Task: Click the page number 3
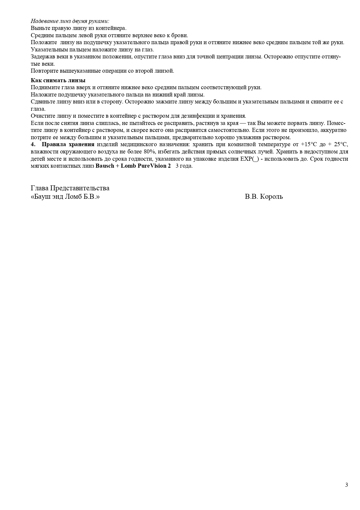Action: click(x=346, y=485)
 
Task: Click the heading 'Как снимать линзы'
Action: click(x=58, y=80)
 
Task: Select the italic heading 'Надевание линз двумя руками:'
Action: click(x=70, y=21)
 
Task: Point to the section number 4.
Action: click(x=33, y=144)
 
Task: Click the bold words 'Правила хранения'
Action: click(x=68, y=144)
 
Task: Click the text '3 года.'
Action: click(x=184, y=166)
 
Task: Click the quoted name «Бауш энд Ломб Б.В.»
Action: click(x=65, y=197)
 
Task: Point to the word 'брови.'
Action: click(x=181, y=35)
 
